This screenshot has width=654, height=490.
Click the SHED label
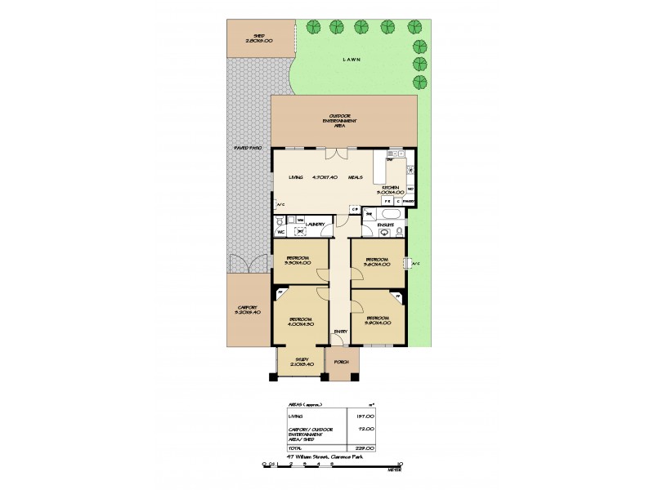click(x=262, y=36)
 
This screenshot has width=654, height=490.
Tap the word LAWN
click(x=352, y=60)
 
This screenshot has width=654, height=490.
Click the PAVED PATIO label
click(x=247, y=148)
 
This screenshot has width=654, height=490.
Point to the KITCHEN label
click(x=390, y=187)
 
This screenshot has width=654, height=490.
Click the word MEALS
click(x=355, y=177)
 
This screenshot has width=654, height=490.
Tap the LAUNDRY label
click(x=316, y=224)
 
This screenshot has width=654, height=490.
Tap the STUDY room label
click(x=302, y=360)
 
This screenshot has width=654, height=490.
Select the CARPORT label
click(x=247, y=310)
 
